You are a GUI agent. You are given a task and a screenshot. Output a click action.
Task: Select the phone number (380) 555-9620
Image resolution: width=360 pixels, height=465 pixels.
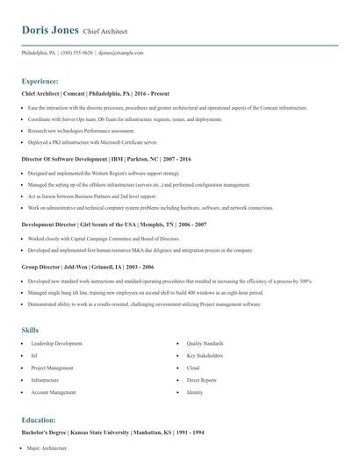[76, 53]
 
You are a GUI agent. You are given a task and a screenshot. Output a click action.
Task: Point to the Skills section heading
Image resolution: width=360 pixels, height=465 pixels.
[31, 330]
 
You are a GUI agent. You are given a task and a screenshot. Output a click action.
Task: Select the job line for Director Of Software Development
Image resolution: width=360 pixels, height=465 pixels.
[101, 160]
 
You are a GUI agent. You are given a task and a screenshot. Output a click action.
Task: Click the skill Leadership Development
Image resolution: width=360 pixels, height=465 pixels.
[56, 344]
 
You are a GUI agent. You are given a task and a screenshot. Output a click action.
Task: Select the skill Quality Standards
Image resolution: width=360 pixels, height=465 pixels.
[205, 344]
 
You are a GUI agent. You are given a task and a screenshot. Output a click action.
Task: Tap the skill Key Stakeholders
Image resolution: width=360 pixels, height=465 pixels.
[204, 356]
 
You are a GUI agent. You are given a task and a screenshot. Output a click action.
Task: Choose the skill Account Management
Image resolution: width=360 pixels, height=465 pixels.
[53, 393]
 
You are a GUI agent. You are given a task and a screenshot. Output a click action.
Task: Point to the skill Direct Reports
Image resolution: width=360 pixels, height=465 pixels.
[202, 381]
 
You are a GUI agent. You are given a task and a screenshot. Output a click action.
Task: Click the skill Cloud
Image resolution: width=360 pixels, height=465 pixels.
[193, 368]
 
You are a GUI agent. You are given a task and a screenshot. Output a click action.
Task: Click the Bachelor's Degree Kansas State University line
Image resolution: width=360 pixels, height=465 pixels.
[103, 433]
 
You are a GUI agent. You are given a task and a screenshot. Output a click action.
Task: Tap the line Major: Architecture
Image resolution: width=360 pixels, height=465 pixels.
[47, 448]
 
